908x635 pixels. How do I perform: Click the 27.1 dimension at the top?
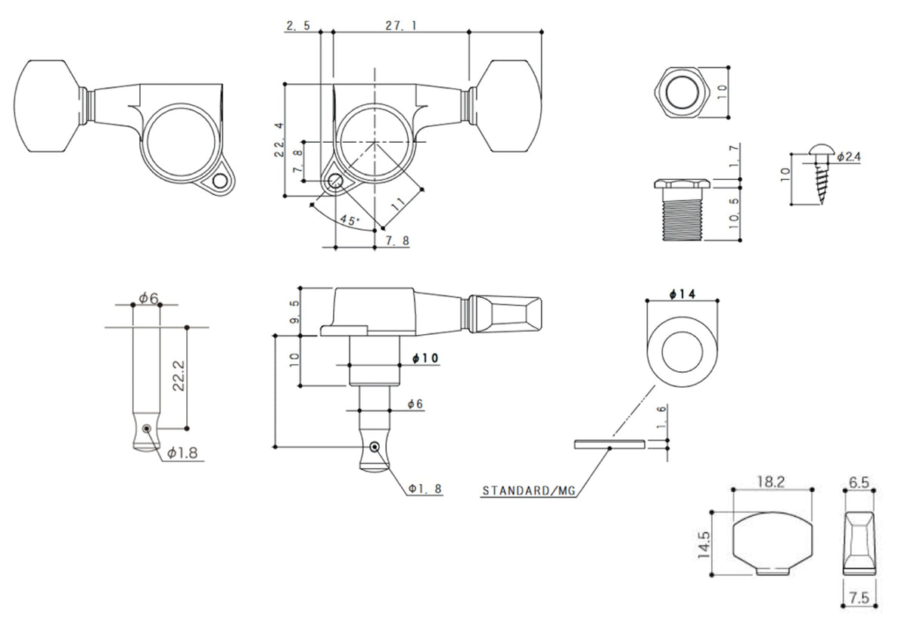[400, 26]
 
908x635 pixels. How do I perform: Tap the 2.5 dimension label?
[298, 26]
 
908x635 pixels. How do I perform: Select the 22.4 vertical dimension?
[279, 140]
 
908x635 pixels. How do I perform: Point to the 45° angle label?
[350, 220]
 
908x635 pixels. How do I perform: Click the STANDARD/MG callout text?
[529, 491]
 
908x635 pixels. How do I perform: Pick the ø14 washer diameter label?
[683, 294]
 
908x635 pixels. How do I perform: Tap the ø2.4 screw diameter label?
[849, 156]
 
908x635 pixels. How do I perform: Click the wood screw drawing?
[821, 173]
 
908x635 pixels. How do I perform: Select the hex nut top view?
[683, 92]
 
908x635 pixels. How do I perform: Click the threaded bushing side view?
[682, 210]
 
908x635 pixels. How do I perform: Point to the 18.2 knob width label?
[771, 482]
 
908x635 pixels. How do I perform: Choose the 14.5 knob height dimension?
[704, 545]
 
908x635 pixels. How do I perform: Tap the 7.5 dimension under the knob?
[860, 598]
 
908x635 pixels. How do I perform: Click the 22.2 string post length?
[179, 376]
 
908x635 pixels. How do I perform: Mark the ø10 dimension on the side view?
[425, 358]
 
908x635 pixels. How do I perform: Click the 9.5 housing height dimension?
[294, 311]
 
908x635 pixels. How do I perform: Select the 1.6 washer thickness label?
[661, 417]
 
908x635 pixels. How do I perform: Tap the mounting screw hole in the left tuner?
[220, 181]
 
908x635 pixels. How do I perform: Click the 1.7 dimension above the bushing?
[734, 157]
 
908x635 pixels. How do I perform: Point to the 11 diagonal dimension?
[399, 203]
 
